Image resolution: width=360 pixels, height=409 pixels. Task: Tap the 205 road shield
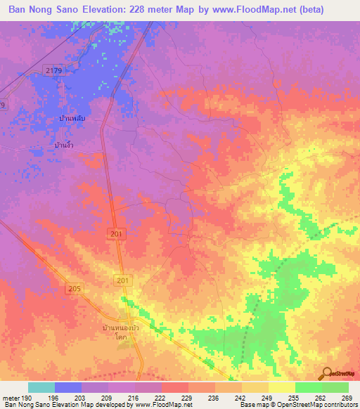(x=75, y=289)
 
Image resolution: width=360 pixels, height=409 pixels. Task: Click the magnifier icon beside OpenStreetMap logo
(x=327, y=373)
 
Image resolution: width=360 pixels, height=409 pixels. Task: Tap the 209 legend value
(x=108, y=397)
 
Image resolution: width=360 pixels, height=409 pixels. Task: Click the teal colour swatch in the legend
(x=41, y=387)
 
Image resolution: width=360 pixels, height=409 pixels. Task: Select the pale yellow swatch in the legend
(x=281, y=387)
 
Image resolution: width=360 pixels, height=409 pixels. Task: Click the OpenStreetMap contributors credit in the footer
(x=309, y=405)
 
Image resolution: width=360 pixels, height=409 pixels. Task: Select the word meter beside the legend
(x=11, y=397)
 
